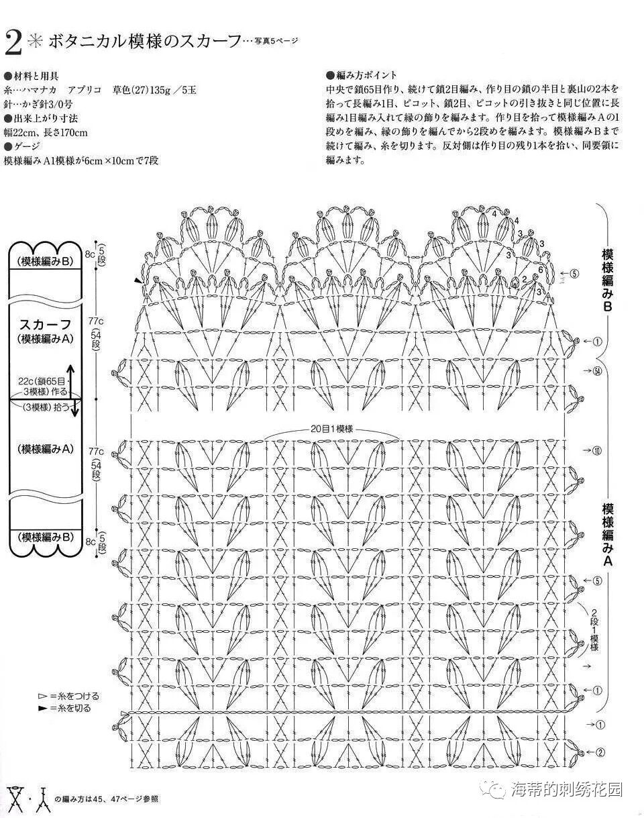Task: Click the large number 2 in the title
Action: (x=13, y=43)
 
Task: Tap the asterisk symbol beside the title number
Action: (x=34, y=42)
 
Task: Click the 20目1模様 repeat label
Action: (x=332, y=428)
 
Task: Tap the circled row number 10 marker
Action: (x=597, y=450)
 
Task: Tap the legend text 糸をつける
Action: (x=74, y=696)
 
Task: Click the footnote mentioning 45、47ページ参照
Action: (x=109, y=799)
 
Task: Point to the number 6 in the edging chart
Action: (x=540, y=269)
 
